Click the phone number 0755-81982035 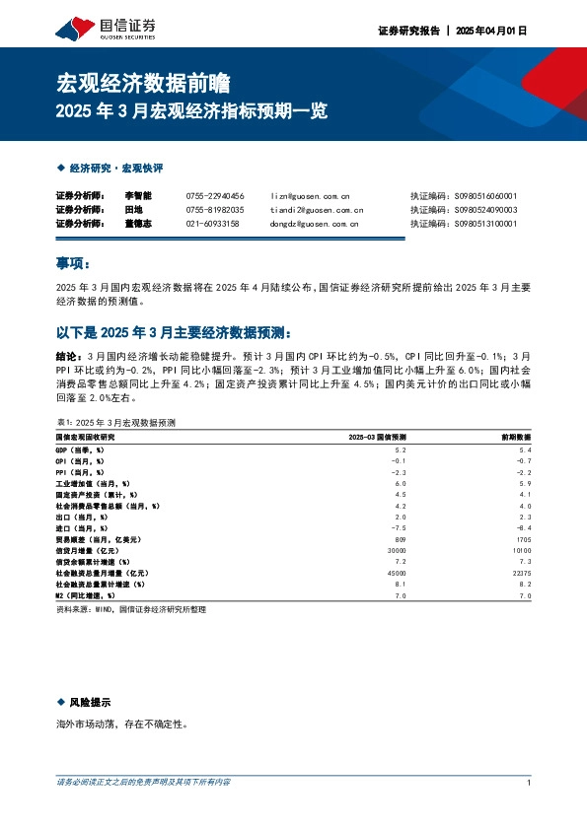(215, 210)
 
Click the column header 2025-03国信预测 (379, 437)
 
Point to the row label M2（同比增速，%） (85, 595)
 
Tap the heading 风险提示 (90, 703)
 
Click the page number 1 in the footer (530, 783)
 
